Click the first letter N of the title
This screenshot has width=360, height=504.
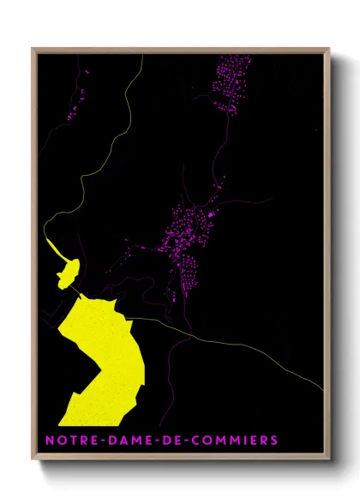50,441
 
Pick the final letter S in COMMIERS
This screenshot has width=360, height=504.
274,441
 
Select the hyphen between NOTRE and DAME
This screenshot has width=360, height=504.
97,441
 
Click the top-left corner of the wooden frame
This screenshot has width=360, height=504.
33,49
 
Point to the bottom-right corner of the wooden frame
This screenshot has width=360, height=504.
329,459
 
